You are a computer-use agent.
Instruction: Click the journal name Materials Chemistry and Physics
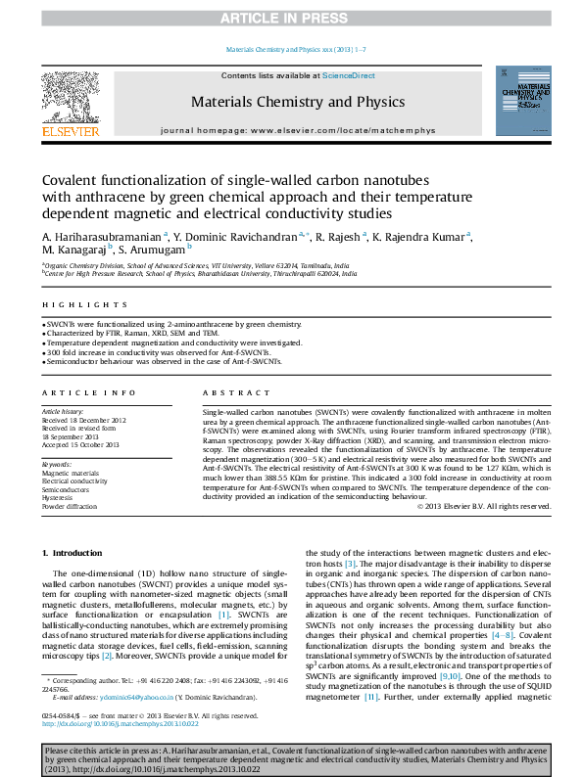(297, 102)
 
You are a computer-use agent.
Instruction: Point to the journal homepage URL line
(297, 129)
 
